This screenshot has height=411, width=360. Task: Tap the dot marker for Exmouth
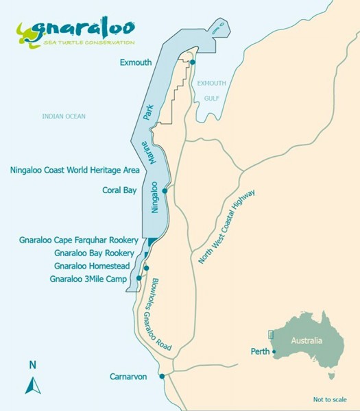193,62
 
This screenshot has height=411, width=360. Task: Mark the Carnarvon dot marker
163,376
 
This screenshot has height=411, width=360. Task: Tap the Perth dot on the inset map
274,352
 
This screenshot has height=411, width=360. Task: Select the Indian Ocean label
63,116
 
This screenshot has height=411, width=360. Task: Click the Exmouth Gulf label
211,90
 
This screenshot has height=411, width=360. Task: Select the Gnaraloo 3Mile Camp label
92,279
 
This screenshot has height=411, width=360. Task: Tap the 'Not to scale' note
330,399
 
